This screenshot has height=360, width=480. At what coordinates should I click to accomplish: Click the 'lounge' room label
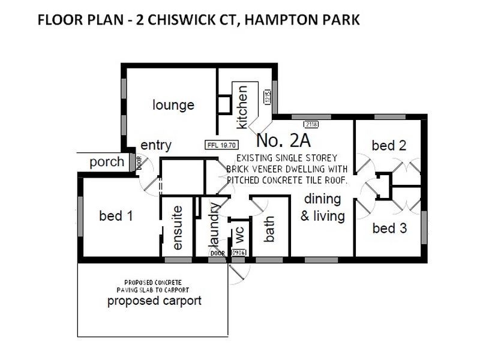[x=173, y=106]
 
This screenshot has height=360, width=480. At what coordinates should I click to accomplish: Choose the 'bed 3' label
[x=388, y=228]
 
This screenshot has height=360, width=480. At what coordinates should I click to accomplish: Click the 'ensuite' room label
[x=177, y=229]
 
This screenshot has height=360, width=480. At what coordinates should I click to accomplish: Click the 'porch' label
[x=107, y=162]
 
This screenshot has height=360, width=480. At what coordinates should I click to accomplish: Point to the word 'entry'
[x=156, y=145]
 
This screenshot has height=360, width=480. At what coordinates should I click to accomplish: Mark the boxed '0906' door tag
[x=238, y=253]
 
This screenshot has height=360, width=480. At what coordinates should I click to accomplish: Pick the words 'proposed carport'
[x=154, y=301]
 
